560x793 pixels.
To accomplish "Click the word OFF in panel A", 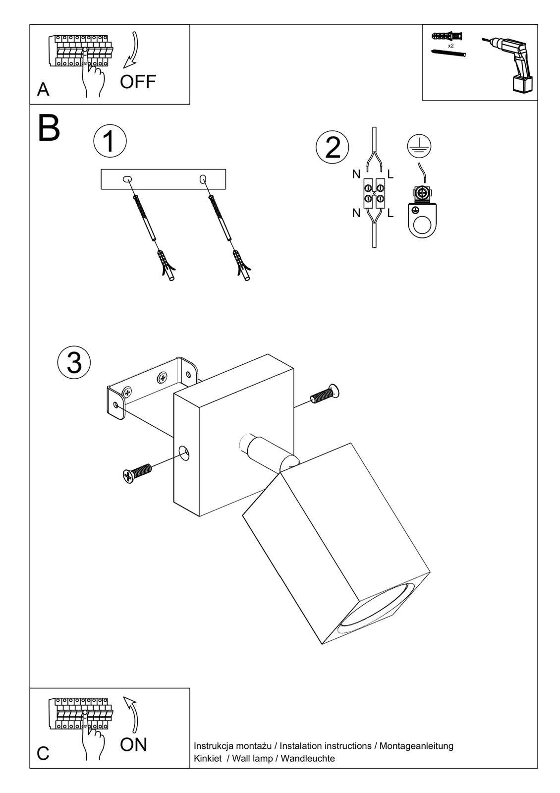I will coord(138,82).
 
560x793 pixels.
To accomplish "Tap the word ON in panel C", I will coord(133,744).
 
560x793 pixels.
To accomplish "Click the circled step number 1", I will coord(110,141).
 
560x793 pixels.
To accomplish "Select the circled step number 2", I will coord(333,148).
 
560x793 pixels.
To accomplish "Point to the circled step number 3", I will coord(74,362).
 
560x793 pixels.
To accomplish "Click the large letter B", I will coord(49,129).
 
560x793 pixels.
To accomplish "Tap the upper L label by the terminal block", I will coord(391,174).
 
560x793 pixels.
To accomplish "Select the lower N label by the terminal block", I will coord(356,214).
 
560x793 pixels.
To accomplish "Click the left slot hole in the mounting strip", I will coord(127,178).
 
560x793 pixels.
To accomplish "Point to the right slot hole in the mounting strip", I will coord(202,179).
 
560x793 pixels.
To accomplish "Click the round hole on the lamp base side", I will coord(184,452).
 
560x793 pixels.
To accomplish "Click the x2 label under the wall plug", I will coord(450,46).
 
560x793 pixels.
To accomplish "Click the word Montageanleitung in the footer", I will coord(416,746).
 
